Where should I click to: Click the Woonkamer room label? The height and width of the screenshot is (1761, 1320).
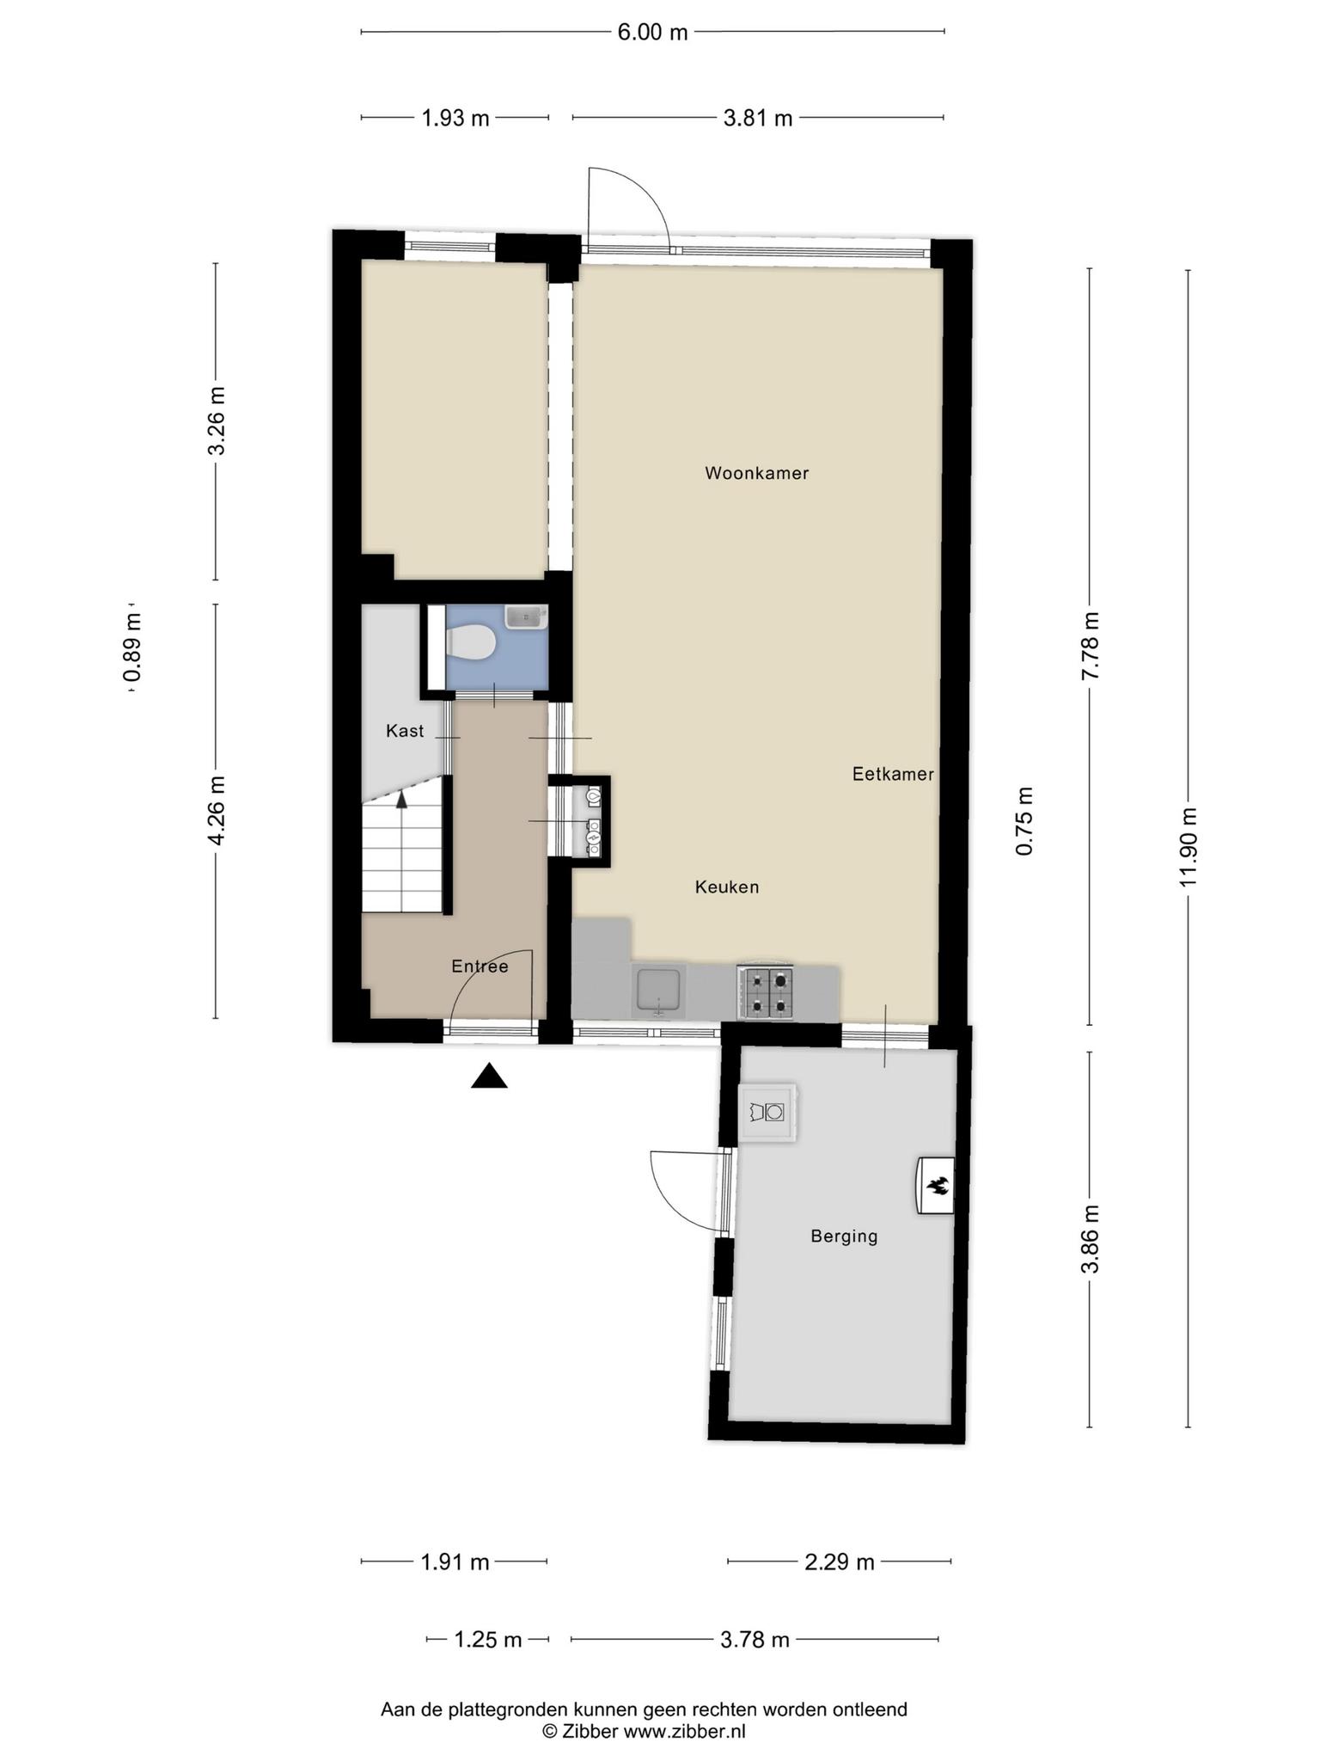click(x=756, y=473)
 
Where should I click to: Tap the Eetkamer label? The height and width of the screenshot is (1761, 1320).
click(x=893, y=774)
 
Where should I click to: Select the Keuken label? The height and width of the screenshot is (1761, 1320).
click(x=727, y=887)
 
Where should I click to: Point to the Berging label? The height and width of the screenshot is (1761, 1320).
click(x=844, y=1236)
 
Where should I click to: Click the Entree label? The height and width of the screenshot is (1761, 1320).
click(x=480, y=966)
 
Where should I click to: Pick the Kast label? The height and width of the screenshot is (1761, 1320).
click(x=405, y=731)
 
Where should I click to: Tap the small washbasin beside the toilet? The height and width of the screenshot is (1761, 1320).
click(x=526, y=617)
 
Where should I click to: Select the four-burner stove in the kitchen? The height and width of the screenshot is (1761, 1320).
click(x=766, y=993)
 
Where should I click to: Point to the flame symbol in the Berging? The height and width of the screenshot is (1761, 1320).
click(x=937, y=1187)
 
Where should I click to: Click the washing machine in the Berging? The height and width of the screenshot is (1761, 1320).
click(x=767, y=1112)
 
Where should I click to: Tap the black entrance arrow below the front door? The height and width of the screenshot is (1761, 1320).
click(x=489, y=1076)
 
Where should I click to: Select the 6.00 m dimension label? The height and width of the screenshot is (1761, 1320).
click(x=653, y=33)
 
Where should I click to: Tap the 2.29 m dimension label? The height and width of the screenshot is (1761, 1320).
click(x=840, y=1562)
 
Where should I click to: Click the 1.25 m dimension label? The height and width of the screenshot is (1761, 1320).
click(x=487, y=1640)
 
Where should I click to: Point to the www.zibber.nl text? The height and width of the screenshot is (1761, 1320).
click(x=684, y=1731)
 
